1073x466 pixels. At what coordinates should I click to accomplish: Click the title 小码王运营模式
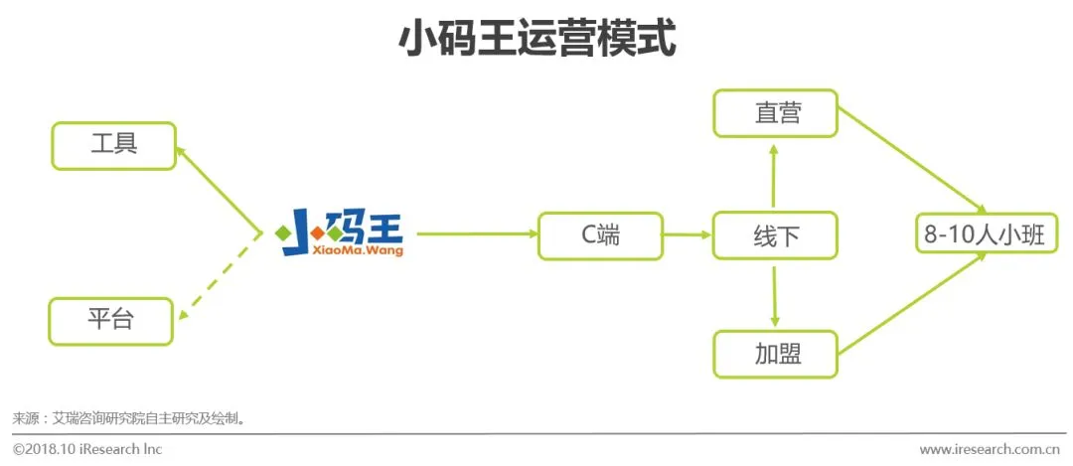[536, 41]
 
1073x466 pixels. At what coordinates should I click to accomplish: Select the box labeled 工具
[113, 145]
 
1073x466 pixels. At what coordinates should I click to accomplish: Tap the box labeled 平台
[110, 321]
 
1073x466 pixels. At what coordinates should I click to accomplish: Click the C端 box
[600, 235]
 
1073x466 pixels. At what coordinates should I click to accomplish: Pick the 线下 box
[775, 235]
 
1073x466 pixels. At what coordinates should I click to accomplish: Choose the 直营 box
[775, 113]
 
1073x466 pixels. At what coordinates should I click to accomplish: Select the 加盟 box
[775, 354]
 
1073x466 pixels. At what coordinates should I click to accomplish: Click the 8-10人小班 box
[985, 235]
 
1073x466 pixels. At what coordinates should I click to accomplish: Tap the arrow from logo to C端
[475, 234]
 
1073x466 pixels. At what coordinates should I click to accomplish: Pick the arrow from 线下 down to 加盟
[775, 295]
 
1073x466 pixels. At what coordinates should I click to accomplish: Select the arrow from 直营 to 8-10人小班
[912, 159]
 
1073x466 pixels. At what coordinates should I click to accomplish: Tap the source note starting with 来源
[128, 418]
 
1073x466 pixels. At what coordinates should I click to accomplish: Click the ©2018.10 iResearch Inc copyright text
[86, 449]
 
